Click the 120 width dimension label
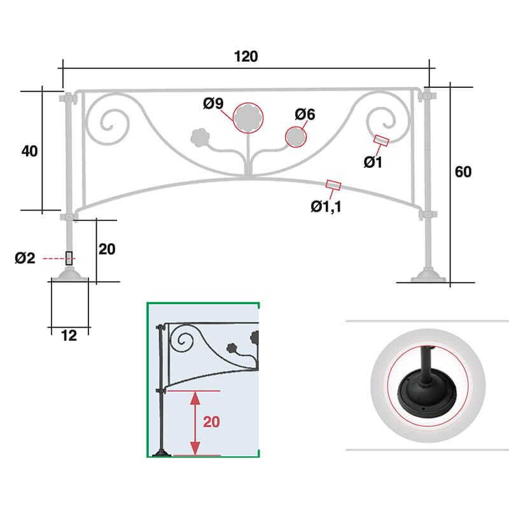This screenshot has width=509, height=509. pyautogui.click(x=246, y=56)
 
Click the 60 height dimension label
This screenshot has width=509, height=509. pyautogui.click(x=463, y=172)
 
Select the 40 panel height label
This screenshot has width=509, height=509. pyautogui.click(x=29, y=151)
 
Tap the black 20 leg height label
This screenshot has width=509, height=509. pyautogui.click(x=107, y=249)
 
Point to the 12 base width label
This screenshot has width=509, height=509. pyautogui.click(x=69, y=336)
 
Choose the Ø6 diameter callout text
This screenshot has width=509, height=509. pyautogui.click(x=305, y=115)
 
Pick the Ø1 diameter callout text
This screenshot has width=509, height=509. pyautogui.click(x=373, y=162)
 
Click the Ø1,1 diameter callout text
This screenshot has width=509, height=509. pyautogui.click(x=326, y=206)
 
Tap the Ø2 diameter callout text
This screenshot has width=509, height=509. pyautogui.click(x=25, y=258)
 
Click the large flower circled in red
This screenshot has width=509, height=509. pyautogui.click(x=248, y=118)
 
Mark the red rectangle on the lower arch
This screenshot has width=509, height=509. pyautogui.click(x=333, y=185)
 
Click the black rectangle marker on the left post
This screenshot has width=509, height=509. pyautogui.click(x=69, y=258)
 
